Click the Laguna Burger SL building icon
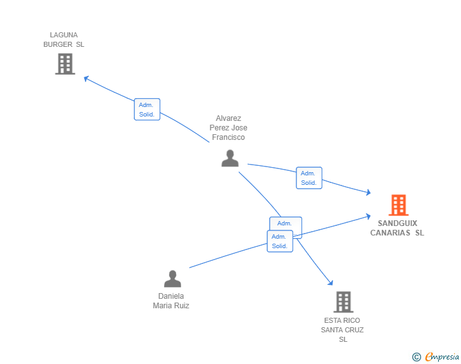[65, 64]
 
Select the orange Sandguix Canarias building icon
[398, 205]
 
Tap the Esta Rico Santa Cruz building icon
[343, 302]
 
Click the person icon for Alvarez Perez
[230, 158]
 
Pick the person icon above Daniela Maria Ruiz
[172, 279]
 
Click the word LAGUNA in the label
[64, 35]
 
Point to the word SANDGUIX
[397, 223]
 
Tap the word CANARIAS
[391, 233]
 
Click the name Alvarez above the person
[229, 118]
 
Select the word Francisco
[229, 137]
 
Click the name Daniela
[171, 296]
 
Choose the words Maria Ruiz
[171, 306]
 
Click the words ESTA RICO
[342, 320]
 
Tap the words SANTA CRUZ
[342, 330]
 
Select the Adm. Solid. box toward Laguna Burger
[147, 110]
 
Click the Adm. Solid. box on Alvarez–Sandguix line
[309, 178]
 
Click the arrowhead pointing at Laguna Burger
[87, 78]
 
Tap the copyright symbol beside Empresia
[417, 357]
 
